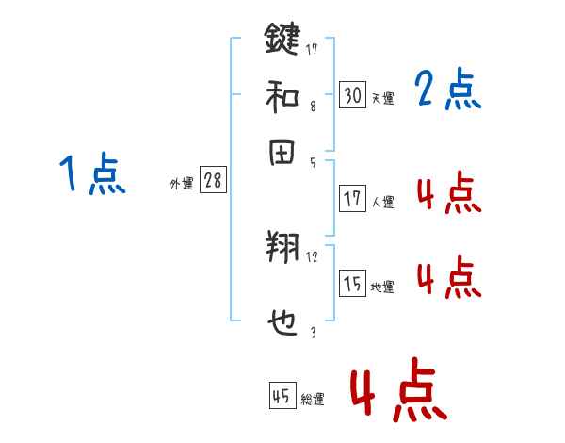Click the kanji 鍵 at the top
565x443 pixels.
point(282,41)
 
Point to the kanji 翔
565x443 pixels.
point(282,249)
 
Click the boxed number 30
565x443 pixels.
point(352,95)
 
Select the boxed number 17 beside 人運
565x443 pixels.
point(352,199)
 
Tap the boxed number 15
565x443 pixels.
point(352,284)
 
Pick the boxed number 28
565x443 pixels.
point(213,181)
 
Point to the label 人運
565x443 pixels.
point(382,202)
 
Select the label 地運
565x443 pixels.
point(382,287)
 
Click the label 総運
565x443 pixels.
point(313,400)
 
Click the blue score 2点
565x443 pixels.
point(447,90)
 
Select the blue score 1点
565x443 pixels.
point(92,175)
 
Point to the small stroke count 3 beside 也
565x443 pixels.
point(313,331)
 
